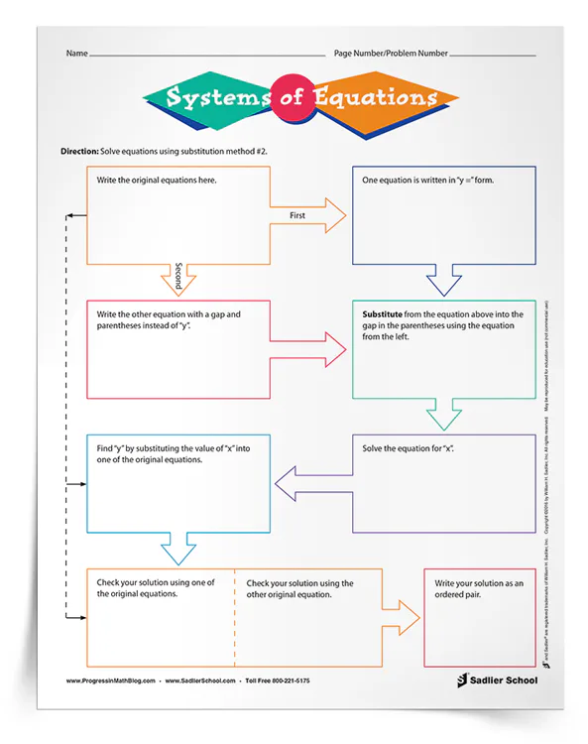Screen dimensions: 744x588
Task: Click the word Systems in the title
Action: pos(212,97)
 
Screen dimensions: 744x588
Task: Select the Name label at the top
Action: pos(77,53)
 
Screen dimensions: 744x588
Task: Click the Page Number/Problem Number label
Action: pos(390,53)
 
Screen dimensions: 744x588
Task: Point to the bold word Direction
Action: pos(78,150)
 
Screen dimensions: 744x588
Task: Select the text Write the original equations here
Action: pos(157,182)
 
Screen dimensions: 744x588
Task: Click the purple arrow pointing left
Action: pos(309,483)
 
